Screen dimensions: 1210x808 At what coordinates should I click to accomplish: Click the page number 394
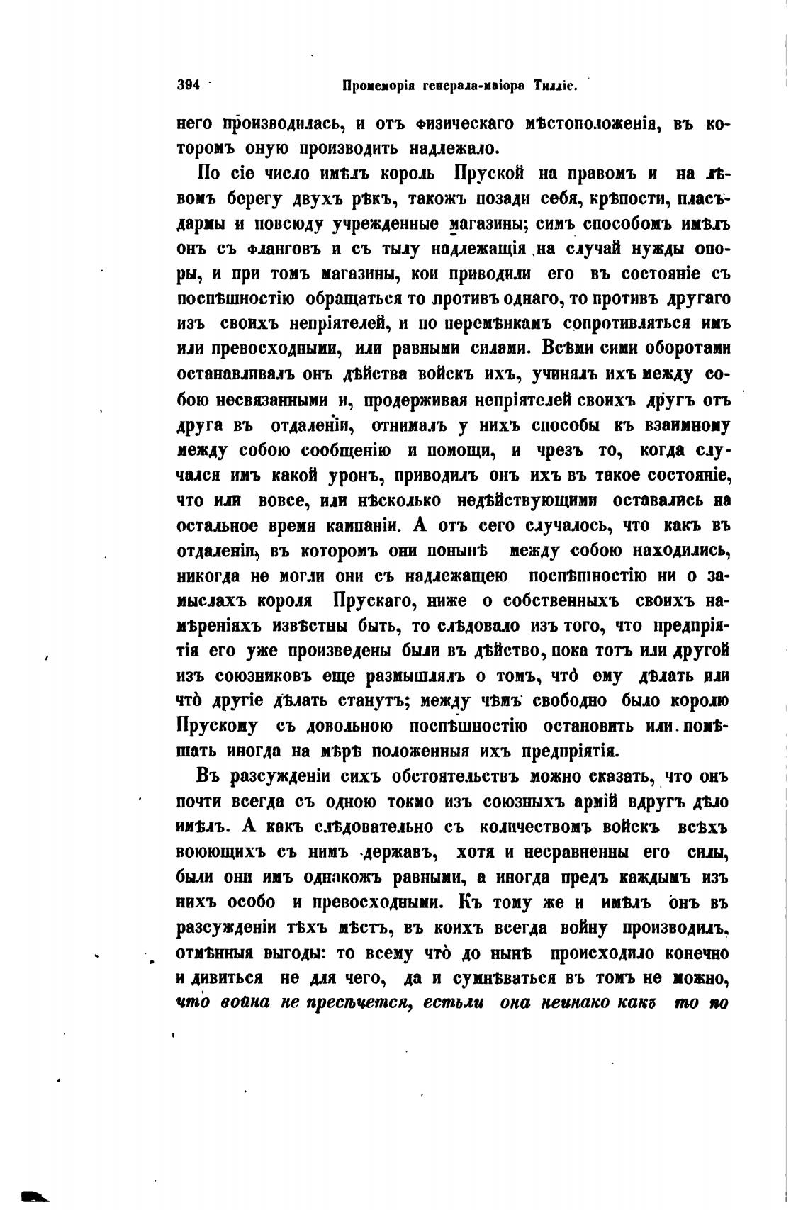pos(189,85)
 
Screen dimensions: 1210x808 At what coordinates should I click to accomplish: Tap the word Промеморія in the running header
pos(374,86)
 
